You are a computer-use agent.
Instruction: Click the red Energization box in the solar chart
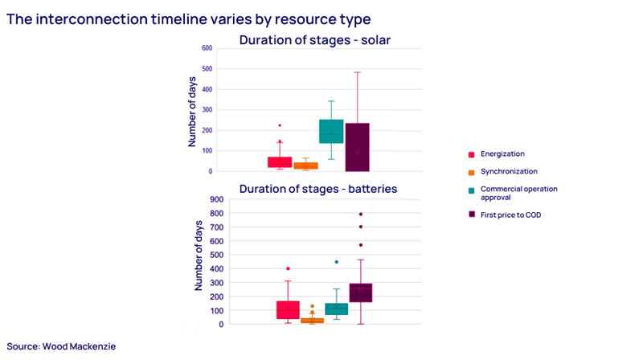click(x=280, y=162)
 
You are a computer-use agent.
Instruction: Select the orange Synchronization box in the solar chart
click(x=305, y=166)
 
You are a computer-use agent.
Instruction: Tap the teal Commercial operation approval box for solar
click(x=331, y=132)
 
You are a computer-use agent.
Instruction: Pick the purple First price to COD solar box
click(x=357, y=147)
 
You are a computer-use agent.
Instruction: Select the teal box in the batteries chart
click(x=336, y=309)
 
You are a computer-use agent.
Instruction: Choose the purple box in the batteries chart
click(x=361, y=292)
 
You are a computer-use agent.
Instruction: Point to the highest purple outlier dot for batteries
click(x=361, y=215)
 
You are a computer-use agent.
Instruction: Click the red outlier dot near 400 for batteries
click(x=288, y=268)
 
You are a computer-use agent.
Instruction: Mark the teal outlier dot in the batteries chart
click(x=337, y=262)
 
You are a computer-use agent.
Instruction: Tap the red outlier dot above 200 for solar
click(x=280, y=125)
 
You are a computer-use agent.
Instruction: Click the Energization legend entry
click(x=502, y=153)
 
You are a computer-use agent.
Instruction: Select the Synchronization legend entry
click(x=507, y=171)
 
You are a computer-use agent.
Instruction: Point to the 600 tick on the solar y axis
click(x=207, y=48)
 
